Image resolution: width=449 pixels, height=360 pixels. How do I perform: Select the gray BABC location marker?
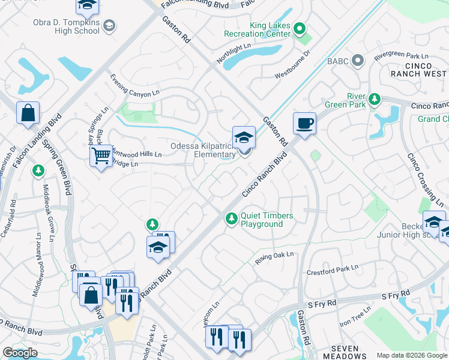358,61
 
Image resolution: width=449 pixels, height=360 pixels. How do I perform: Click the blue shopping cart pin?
101,157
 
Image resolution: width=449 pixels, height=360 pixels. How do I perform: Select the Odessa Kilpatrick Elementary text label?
203,150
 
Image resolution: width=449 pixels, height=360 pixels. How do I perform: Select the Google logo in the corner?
20,353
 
